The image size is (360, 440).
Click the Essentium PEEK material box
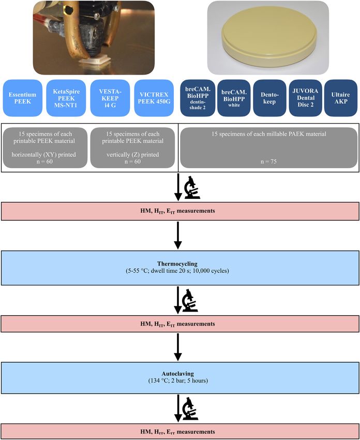click(23, 98)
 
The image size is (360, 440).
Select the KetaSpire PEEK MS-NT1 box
click(66, 98)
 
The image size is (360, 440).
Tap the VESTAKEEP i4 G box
click(110, 98)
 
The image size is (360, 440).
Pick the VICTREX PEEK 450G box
click(154, 98)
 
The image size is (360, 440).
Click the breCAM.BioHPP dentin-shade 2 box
click(198, 98)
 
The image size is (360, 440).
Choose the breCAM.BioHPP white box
click(234, 98)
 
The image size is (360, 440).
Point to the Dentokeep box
click(269, 98)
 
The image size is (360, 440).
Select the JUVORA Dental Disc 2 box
click(305, 98)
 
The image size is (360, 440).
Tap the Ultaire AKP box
click(341, 98)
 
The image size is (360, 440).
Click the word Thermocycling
click(177, 264)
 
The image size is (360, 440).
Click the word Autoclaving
click(178, 374)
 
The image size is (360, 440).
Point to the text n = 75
click(268, 162)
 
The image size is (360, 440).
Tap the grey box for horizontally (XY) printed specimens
click(45, 148)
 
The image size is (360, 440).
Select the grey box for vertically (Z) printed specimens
click(132, 148)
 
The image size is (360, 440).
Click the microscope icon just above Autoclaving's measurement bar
click(190, 409)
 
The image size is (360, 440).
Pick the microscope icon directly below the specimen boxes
click(192, 187)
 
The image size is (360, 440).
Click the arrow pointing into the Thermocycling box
click(178, 236)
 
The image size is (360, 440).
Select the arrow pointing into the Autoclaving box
click(178, 347)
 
